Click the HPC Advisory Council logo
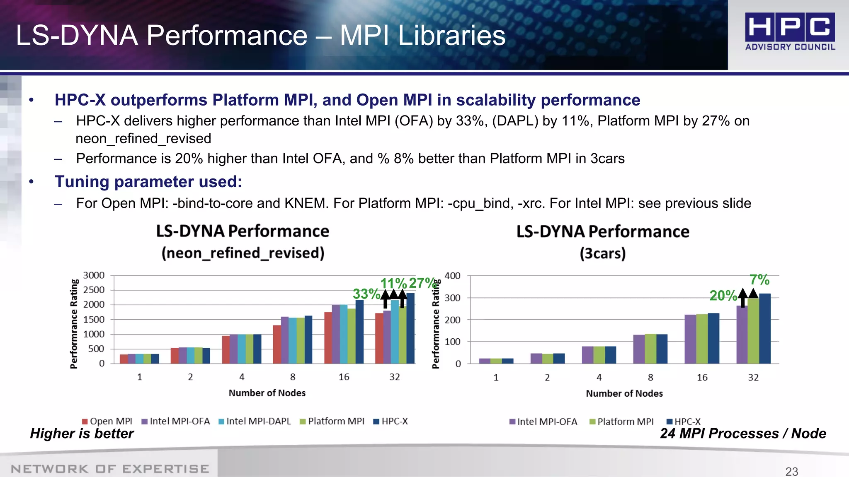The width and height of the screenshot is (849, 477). click(790, 31)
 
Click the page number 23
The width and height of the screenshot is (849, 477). click(791, 471)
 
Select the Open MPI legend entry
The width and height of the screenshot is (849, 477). click(107, 421)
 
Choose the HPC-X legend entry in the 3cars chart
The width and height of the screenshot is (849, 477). click(684, 422)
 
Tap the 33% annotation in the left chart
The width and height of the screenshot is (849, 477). click(366, 294)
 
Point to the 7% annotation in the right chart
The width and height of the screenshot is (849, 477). click(759, 280)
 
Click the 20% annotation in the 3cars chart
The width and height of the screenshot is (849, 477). click(723, 296)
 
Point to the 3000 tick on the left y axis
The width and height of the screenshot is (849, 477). click(94, 275)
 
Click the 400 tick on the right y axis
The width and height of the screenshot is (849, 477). click(452, 276)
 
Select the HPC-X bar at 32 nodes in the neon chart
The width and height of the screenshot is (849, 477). click(410, 328)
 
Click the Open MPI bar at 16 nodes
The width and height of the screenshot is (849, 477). click(328, 338)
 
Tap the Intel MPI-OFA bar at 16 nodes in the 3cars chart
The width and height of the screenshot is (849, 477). click(690, 339)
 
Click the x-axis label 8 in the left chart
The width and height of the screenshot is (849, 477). click(293, 377)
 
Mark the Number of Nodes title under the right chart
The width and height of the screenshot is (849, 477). click(624, 393)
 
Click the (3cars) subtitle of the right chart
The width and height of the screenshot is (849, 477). click(602, 253)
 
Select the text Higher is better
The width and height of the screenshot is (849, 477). click(82, 434)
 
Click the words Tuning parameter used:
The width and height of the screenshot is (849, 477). click(148, 182)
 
